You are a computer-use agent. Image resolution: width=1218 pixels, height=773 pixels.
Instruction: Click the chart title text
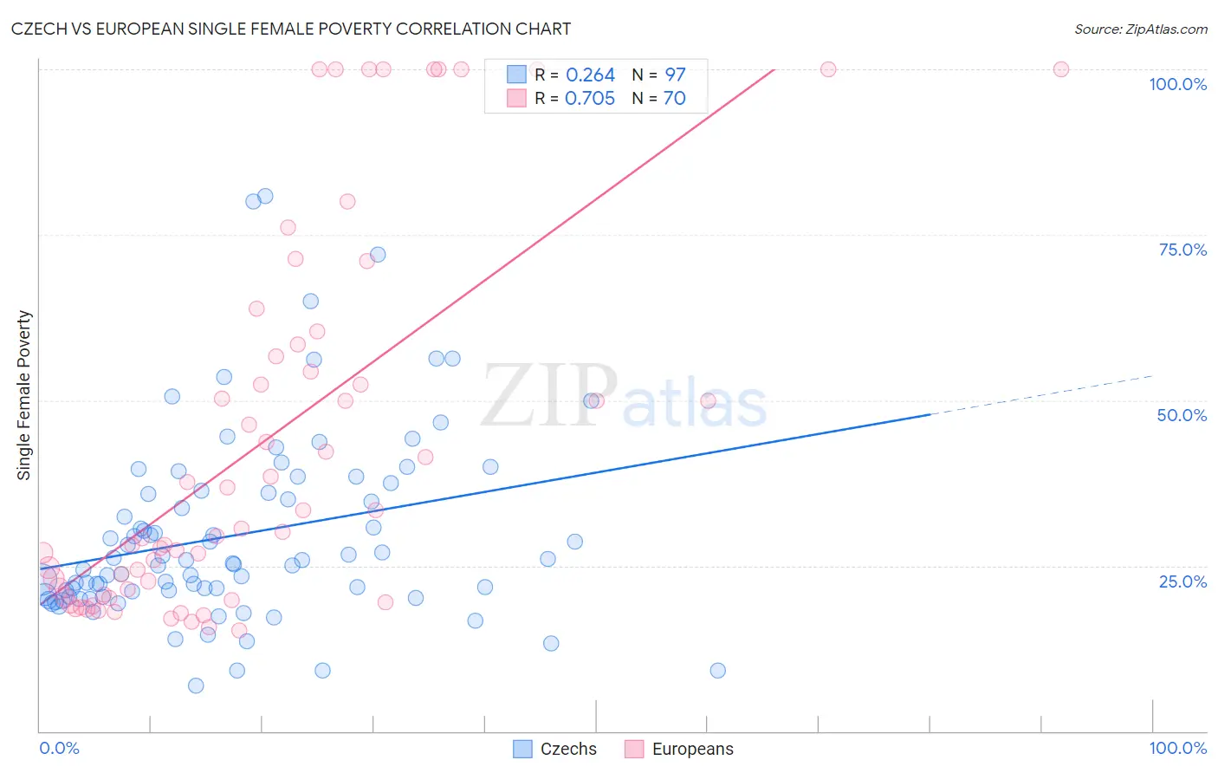pos(291,29)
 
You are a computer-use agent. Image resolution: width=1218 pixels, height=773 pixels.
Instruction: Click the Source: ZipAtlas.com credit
pos(1140,29)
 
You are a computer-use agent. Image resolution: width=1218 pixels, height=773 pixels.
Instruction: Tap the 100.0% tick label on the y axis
pos(1177,84)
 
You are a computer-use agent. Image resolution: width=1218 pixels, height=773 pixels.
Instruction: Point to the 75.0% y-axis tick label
pos(1182,250)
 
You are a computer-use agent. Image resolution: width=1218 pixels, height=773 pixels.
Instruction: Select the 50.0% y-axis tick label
pos(1182,415)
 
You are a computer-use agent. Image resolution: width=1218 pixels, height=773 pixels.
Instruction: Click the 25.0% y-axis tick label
pos(1182,581)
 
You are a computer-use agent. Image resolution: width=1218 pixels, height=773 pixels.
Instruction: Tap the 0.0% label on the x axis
pos(59,748)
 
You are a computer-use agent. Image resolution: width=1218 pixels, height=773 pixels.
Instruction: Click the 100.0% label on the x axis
pos(1177,748)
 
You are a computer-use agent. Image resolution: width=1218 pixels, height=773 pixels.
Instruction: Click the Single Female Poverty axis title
pos(24,395)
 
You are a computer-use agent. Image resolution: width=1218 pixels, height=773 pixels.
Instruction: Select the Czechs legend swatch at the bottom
pos(522,749)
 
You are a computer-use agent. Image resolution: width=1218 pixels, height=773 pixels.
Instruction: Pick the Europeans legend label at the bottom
pos(692,749)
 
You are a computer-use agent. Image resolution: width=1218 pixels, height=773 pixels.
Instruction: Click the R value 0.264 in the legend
pos(590,75)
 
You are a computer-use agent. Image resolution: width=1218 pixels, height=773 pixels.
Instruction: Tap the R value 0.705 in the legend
pos(590,99)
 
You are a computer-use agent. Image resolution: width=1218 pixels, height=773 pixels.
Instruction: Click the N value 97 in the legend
pos(675,75)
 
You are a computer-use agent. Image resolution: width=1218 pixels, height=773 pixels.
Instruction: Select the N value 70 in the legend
pos(674,99)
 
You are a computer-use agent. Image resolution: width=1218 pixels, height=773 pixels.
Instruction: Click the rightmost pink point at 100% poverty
pos(1060,69)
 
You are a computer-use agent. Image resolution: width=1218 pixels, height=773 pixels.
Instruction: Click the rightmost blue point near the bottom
pos(717,670)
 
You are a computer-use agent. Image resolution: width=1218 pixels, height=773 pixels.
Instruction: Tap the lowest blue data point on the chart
pos(196,685)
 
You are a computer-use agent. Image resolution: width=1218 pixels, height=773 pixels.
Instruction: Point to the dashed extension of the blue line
pos(1040,395)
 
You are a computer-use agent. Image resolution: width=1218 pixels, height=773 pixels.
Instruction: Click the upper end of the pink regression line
pos(772,70)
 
